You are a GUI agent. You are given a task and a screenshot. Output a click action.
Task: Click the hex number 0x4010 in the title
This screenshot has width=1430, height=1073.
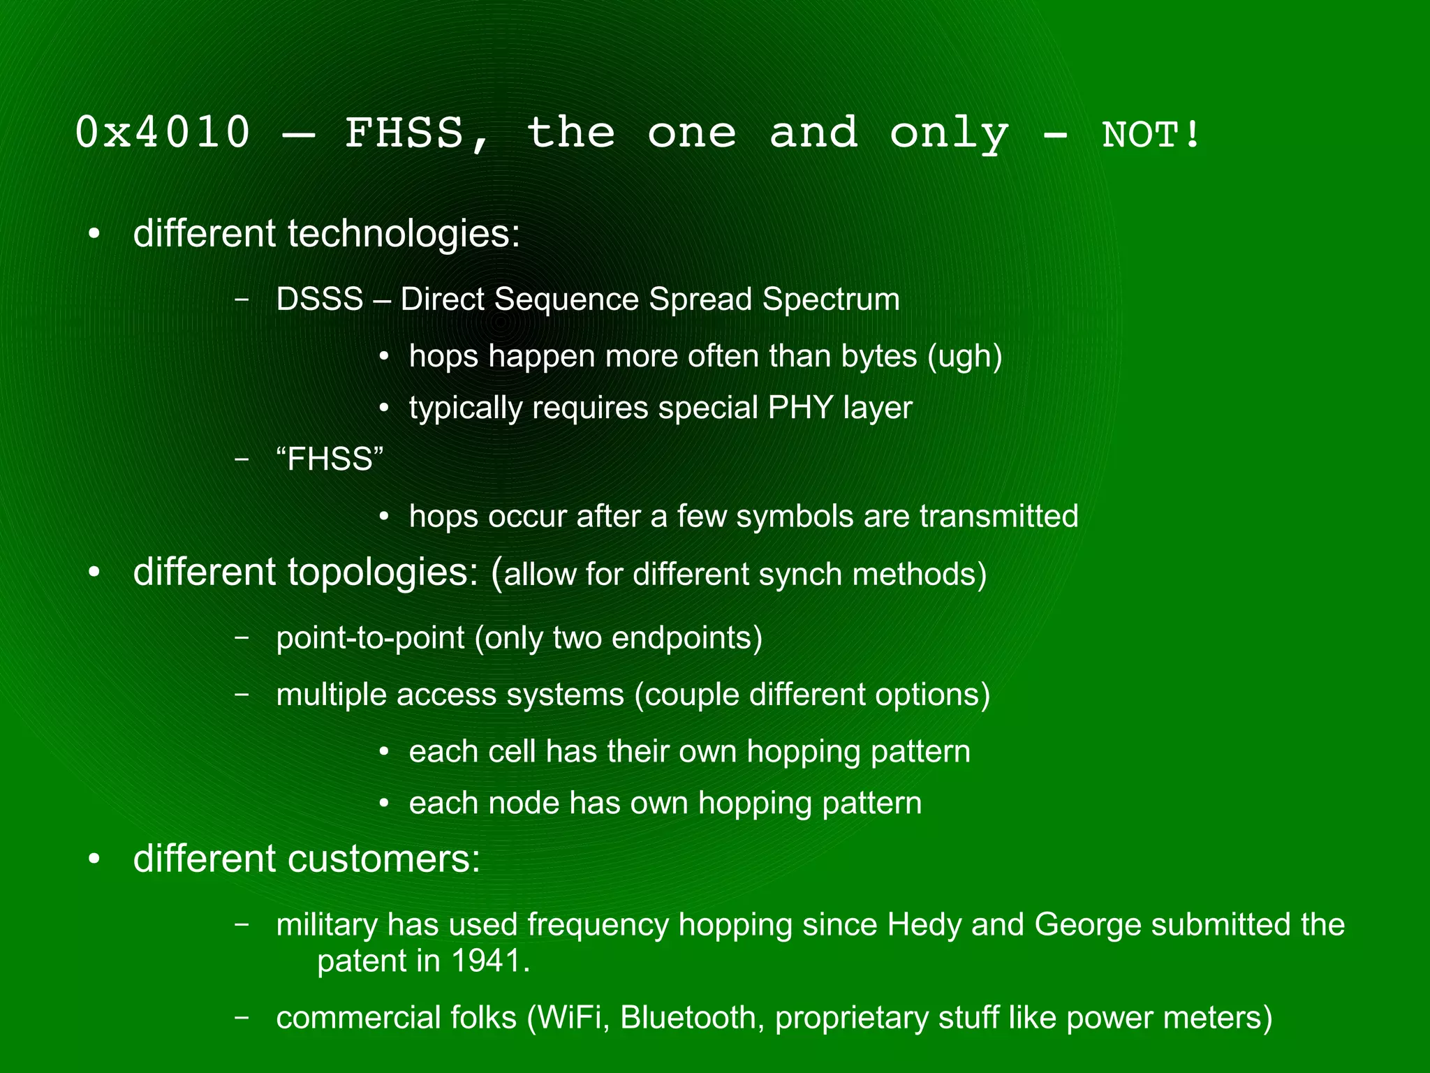pyautogui.click(x=163, y=132)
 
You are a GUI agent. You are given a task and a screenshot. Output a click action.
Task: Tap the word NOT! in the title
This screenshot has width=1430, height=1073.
pyautogui.click(x=1151, y=134)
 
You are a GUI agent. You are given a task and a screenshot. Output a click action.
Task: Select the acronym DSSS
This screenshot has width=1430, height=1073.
pyautogui.click(x=320, y=299)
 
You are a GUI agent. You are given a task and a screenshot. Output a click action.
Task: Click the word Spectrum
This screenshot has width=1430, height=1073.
pyautogui.click(x=831, y=299)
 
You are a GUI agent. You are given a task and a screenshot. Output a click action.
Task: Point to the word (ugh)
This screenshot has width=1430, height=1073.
pyautogui.click(x=965, y=356)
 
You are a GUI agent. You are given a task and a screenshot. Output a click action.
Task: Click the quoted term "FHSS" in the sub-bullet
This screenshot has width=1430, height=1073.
pyautogui.click(x=330, y=459)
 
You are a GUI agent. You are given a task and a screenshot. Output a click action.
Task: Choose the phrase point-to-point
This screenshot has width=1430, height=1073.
pyautogui.click(x=371, y=638)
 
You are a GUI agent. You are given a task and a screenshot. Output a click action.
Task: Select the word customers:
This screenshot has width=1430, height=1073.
pyautogui.click(x=384, y=859)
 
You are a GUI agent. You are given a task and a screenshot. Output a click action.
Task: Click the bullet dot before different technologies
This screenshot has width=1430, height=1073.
pyautogui.click(x=94, y=233)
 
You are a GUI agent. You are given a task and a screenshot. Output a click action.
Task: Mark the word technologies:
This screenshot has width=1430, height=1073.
pyautogui.click(x=404, y=233)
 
